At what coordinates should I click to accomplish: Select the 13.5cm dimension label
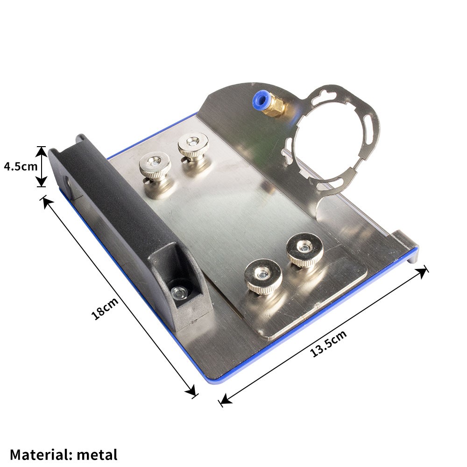(328, 343)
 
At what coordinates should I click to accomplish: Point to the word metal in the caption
(97, 454)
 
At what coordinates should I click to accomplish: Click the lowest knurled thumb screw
(263, 276)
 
